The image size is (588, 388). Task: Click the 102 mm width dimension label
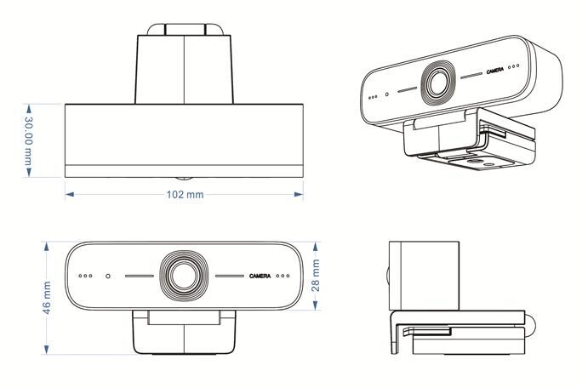tap(184, 195)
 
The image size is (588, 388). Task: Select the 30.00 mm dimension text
tap(27, 141)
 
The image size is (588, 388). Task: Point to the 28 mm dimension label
tap(316, 276)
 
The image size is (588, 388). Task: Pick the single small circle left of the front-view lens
tap(108, 276)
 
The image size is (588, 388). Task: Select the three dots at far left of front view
tap(85, 276)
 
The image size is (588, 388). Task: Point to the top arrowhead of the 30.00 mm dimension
tap(28, 108)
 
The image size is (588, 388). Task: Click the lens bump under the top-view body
tap(184, 179)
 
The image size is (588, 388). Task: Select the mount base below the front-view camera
tap(184, 334)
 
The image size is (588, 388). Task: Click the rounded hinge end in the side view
tap(529, 323)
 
